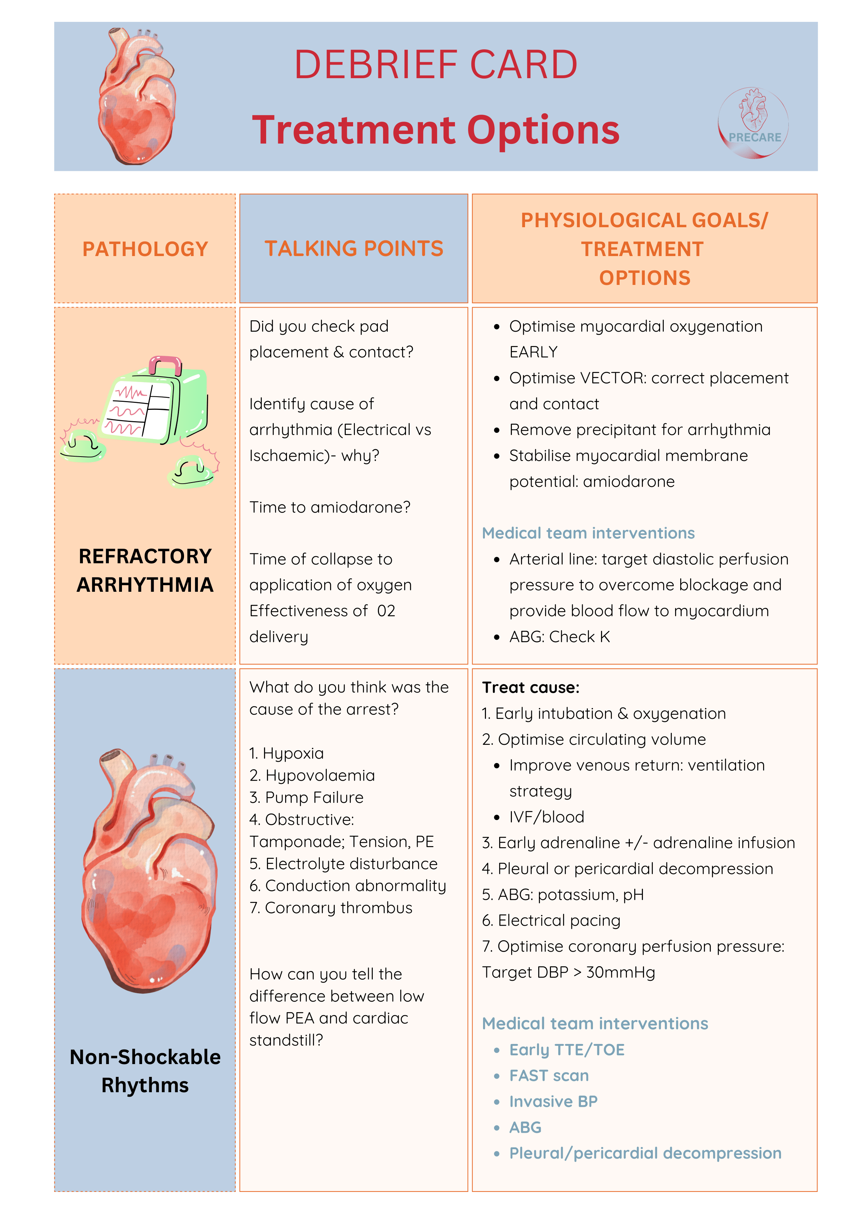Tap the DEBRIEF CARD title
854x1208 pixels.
click(x=436, y=65)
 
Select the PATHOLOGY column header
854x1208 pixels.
click(x=145, y=249)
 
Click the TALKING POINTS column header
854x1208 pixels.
click(x=353, y=248)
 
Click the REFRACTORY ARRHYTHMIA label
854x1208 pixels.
click(x=145, y=570)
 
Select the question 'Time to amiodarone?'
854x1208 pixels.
click(x=330, y=507)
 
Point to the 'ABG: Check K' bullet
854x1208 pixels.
click(x=559, y=637)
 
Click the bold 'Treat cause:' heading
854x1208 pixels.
click(x=531, y=688)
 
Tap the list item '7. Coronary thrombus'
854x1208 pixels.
click(x=331, y=908)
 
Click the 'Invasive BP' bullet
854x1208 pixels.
click(x=553, y=1101)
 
